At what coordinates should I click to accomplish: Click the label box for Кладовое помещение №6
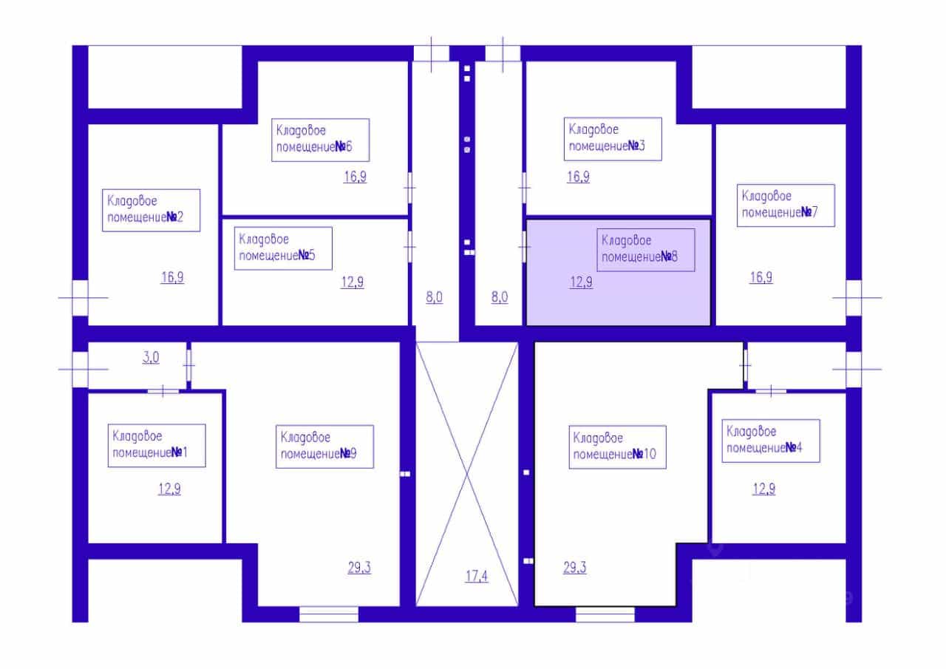pyautogui.click(x=321, y=140)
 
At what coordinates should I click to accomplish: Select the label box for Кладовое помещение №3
pyautogui.click(x=613, y=139)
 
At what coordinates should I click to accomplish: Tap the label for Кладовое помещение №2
pyautogui.click(x=152, y=211)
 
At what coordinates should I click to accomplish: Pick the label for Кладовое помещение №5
pyautogui.click(x=283, y=248)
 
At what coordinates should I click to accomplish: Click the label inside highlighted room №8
pyautogui.click(x=646, y=250)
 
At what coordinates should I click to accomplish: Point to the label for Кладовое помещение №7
pyautogui.click(x=786, y=206)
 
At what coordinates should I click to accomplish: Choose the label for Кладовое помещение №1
pyautogui.click(x=157, y=446)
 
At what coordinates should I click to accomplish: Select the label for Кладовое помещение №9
pyautogui.click(x=324, y=446)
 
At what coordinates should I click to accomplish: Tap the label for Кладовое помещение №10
pyautogui.click(x=617, y=447)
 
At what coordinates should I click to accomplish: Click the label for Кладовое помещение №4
pyautogui.click(x=771, y=441)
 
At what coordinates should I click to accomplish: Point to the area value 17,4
pyautogui.click(x=477, y=576)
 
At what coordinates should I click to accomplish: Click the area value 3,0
pyautogui.click(x=151, y=357)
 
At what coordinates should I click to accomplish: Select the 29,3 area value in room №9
pyautogui.click(x=359, y=568)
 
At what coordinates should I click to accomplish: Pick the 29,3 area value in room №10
pyautogui.click(x=575, y=568)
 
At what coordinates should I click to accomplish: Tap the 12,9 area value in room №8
pyautogui.click(x=582, y=282)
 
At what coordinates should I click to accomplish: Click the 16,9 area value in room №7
pyautogui.click(x=761, y=277)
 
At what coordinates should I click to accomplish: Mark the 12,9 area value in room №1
pyautogui.click(x=169, y=489)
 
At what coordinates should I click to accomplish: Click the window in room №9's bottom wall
pyautogui.click(x=329, y=614)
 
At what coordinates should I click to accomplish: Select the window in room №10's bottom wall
pyautogui.click(x=605, y=614)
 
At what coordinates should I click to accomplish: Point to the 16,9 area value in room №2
pyautogui.click(x=172, y=277)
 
